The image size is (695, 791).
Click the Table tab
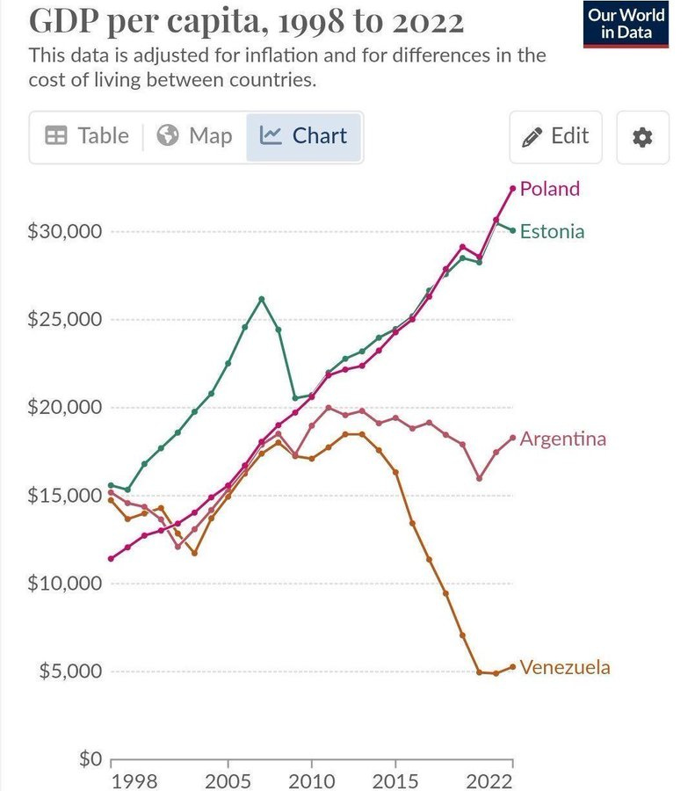coord(86,136)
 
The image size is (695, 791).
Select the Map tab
coord(194,136)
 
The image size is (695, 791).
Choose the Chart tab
coord(304,136)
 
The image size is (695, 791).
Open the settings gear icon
coord(642,137)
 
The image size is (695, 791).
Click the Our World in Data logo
coord(626,25)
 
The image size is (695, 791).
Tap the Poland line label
coord(549,188)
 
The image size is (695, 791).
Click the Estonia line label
coord(552,232)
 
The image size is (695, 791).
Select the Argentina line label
coord(562,439)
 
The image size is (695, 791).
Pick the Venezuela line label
coord(564,667)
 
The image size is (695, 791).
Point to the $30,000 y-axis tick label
coord(67,232)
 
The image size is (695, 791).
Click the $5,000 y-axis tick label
coord(71,671)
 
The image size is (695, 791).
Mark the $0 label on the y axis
coord(86,758)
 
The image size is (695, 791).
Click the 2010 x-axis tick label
coord(311,782)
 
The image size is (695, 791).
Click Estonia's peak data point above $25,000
coord(262,299)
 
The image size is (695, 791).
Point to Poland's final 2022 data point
coord(513,188)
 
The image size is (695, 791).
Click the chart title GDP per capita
coord(245,20)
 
